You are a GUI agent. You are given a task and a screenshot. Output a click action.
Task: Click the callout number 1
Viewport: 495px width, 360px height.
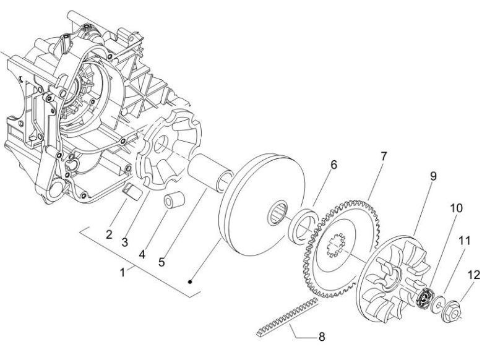pyautogui.click(x=123, y=272)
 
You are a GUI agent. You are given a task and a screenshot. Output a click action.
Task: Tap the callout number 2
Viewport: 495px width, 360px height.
pyautogui.click(x=109, y=234)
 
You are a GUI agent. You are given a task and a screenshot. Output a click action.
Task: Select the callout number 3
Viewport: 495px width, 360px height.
pyautogui.click(x=125, y=242)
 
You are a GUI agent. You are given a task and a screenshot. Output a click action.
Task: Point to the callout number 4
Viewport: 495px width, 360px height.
pyautogui.click(x=142, y=254)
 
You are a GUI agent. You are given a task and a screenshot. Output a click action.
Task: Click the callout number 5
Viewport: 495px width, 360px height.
pyautogui.click(x=161, y=262)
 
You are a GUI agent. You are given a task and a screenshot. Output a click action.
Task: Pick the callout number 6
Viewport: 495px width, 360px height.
pyautogui.click(x=334, y=165)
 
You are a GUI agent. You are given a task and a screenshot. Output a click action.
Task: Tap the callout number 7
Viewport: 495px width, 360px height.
pyautogui.click(x=384, y=156)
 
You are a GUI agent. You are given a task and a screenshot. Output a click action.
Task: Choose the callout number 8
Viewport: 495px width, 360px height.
pyautogui.click(x=322, y=336)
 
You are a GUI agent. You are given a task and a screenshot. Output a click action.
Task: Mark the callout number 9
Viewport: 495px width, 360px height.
pyautogui.click(x=433, y=176)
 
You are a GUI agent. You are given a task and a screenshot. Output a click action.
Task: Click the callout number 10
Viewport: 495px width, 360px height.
pyautogui.click(x=456, y=208)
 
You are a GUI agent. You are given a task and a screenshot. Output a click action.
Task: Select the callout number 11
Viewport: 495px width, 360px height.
pyautogui.click(x=465, y=241)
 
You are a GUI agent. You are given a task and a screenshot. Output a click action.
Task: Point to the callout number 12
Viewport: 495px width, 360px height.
pyautogui.click(x=474, y=275)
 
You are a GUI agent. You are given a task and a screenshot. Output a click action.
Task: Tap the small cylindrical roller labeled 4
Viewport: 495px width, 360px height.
pyautogui.click(x=174, y=200)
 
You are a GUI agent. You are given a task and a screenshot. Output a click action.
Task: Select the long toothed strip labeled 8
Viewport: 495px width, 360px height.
pyautogui.click(x=286, y=317)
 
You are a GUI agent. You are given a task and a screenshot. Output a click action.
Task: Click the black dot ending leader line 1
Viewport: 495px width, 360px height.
pyautogui.click(x=190, y=282)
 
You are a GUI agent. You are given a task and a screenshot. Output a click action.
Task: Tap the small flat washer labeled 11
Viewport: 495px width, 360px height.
pyautogui.click(x=437, y=304)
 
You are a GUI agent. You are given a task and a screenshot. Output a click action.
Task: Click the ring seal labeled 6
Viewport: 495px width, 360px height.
pyautogui.click(x=303, y=225)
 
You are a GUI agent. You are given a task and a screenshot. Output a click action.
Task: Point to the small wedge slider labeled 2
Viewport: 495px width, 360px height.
pyautogui.click(x=132, y=191)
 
